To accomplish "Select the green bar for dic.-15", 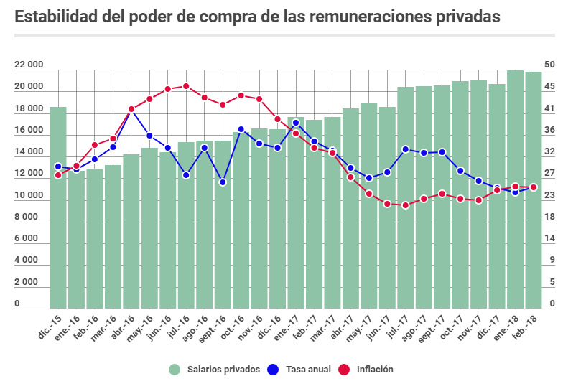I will point(58,208).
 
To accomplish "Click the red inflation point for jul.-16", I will point(186,86).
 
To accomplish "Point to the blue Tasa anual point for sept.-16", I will point(223,182).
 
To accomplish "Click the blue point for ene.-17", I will point(296,123).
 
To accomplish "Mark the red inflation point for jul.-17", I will point(406,205).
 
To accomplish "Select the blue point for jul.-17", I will point(406,149).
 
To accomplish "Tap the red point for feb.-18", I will point(534,187).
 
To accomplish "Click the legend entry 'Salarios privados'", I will point(215,370).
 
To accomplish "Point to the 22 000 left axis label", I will point(29,65).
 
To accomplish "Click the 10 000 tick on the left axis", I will point(29,195).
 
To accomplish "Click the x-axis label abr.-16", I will point(126,324).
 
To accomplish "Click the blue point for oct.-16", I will point(241,129).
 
